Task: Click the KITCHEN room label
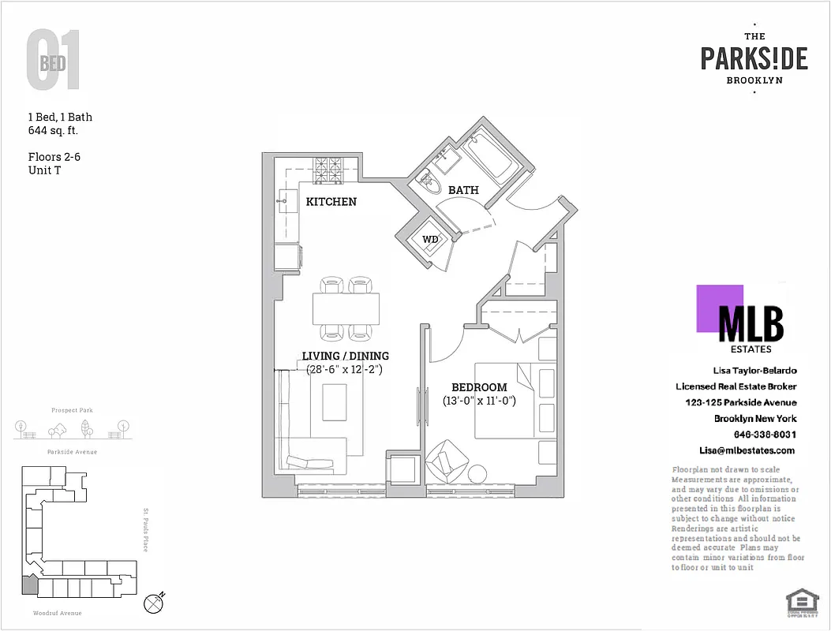(x=331, y=202)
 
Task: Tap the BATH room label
(x=463, y=190)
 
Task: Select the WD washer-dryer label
(x=430, y=239)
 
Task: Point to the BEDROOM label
(x=478, y=387)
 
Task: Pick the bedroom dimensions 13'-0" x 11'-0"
(x=478, y=401)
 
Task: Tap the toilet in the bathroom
(x=431, y=184)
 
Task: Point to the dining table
(x=346, y=308)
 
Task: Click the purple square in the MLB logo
(x=719, y=308)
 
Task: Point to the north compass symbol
(x=155, y=603)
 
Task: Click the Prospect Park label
(x=72, y=410)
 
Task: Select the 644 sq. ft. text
(x=53, y=131)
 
